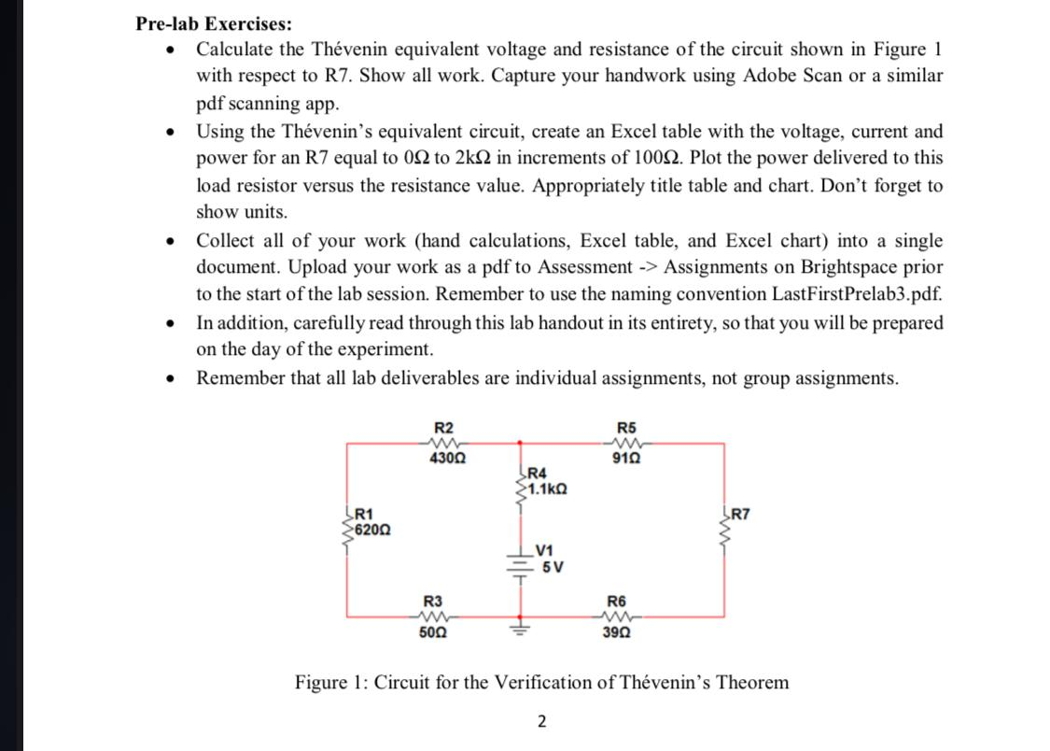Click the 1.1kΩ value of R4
pos(548,488)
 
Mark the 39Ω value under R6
pos(617,632)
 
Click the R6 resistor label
pos(617,601)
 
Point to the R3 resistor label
pos(433,601)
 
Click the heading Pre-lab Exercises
pos(213,21)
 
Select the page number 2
pos(541,720)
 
